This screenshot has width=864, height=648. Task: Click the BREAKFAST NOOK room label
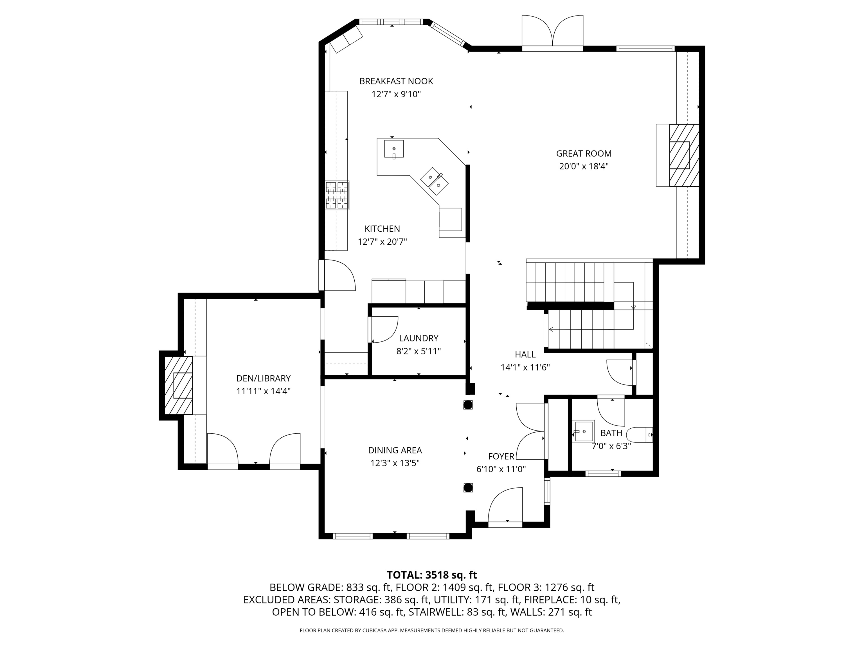(396, 81)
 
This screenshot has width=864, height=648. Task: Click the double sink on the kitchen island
(434, 181)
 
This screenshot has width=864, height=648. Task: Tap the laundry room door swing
(384, 329)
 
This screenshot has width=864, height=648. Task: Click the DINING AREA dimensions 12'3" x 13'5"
(395, 463)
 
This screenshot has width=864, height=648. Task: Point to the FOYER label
(501, 456)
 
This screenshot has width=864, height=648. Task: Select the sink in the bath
(584, 431)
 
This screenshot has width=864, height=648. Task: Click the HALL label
(525, 354)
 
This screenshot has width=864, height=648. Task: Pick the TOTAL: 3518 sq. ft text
(432, 575)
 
